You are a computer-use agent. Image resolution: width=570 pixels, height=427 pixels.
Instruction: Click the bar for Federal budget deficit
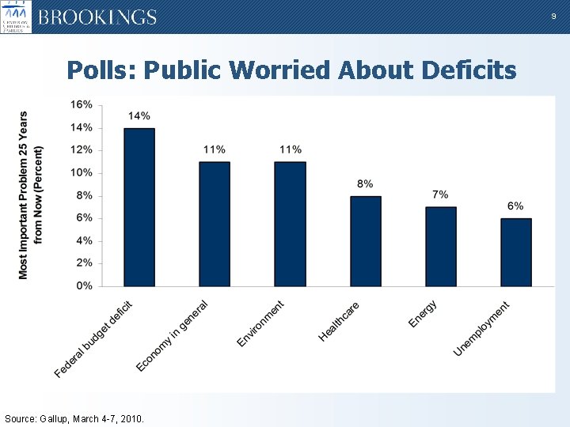coord(139,207)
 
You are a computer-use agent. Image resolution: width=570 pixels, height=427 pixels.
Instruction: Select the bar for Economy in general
coord(215,224)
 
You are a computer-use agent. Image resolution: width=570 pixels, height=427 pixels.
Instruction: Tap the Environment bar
coord(290,224)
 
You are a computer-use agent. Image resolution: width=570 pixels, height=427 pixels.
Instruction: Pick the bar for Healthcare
coord(365,241)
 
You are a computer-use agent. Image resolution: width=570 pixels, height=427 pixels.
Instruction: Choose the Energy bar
coord(440,247)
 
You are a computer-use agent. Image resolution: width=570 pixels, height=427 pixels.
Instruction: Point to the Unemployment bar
coord(515,252)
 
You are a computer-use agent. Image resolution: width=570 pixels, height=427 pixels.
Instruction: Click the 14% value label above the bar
coord(139,116)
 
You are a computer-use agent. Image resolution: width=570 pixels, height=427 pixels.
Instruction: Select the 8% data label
coord(365,183)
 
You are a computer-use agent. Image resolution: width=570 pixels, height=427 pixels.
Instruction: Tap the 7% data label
coord(440,195)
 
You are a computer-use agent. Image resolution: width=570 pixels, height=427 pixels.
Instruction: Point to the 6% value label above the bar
coord(515,206)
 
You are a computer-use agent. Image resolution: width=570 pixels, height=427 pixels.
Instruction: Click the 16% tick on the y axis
coord(82,104)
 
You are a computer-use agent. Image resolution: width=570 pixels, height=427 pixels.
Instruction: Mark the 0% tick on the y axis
coord(84,285)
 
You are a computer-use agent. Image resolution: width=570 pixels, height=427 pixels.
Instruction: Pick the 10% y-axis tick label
coord(82,172)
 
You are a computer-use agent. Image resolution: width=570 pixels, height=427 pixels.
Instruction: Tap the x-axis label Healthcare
coord(340,322)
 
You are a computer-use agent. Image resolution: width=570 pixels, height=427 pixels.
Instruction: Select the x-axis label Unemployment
coord(482,328)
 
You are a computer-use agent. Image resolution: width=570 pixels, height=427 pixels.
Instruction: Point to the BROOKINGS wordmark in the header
coord(97,17)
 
